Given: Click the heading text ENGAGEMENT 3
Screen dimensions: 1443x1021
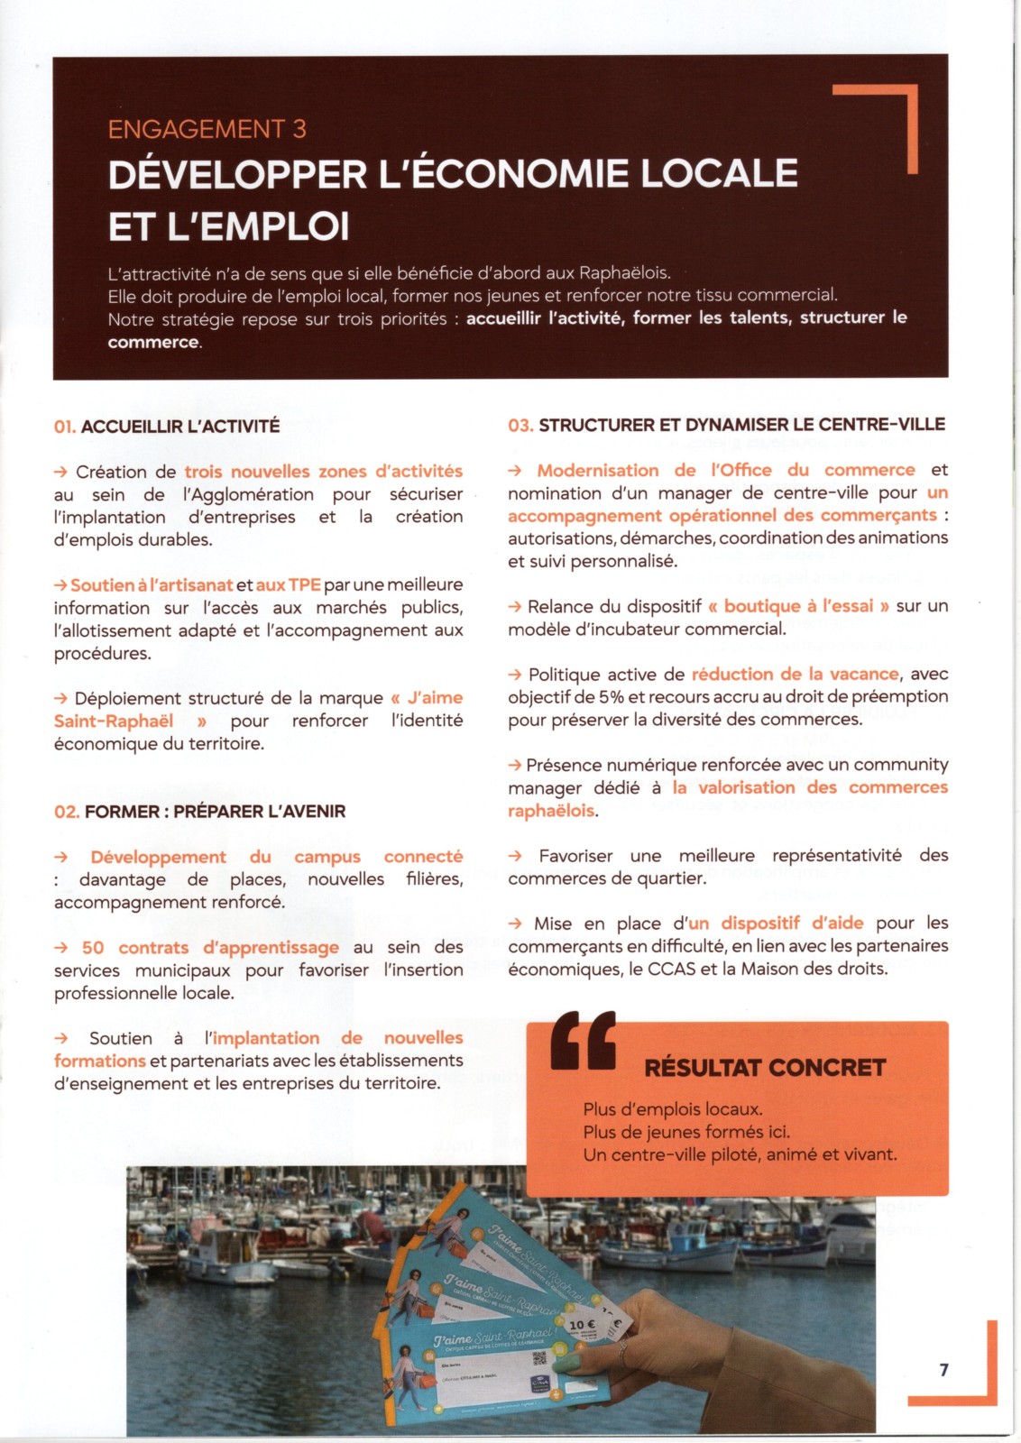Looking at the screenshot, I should click(207, 129).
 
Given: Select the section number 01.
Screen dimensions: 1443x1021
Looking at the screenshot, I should click(64, 427).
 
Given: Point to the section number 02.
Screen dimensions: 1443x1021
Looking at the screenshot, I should click(66, 812).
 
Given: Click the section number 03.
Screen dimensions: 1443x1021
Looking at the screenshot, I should click(520, 425).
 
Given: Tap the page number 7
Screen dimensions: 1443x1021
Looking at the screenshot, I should click(943, 1370).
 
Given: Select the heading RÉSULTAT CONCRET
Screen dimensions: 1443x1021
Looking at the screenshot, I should click(765, 1068).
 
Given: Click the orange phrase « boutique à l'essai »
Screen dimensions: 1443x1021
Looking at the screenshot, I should click(798, 606).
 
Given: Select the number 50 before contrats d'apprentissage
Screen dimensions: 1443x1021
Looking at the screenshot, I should click(93, 948).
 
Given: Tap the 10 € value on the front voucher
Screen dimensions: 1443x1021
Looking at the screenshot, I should click(582, 1325).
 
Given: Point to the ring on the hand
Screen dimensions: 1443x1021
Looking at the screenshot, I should click(621, 1347).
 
